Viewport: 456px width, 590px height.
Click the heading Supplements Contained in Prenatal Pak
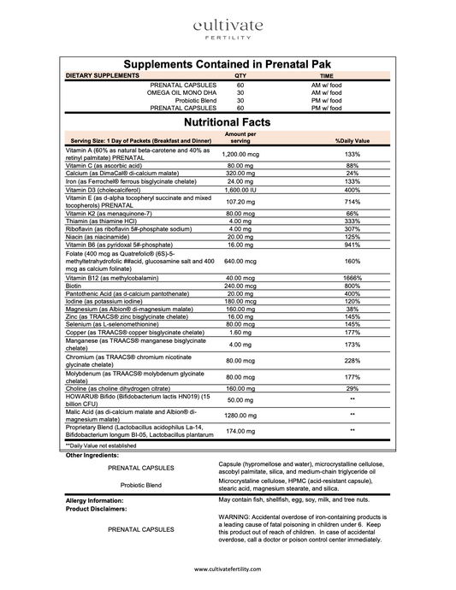click(x=228, y=64)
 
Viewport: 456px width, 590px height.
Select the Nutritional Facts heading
click(x=228, y=123)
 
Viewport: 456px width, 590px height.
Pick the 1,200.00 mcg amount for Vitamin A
click(x=240, y=154)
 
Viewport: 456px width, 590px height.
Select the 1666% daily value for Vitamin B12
click(x=352, y=279)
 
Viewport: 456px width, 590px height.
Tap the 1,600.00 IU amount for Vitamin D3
click(x=240, y=189)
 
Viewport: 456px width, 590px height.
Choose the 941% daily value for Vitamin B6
click(x=352, y=245)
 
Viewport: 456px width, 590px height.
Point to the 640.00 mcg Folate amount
click(x=240, y=262)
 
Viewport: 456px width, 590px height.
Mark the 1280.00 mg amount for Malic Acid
click(x=240, y=414)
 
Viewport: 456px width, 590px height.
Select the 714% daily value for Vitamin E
click(x=352, y=201)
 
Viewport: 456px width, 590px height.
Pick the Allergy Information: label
click(x=95, y=500)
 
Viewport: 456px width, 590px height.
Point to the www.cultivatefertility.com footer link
click(x=228, y=569)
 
